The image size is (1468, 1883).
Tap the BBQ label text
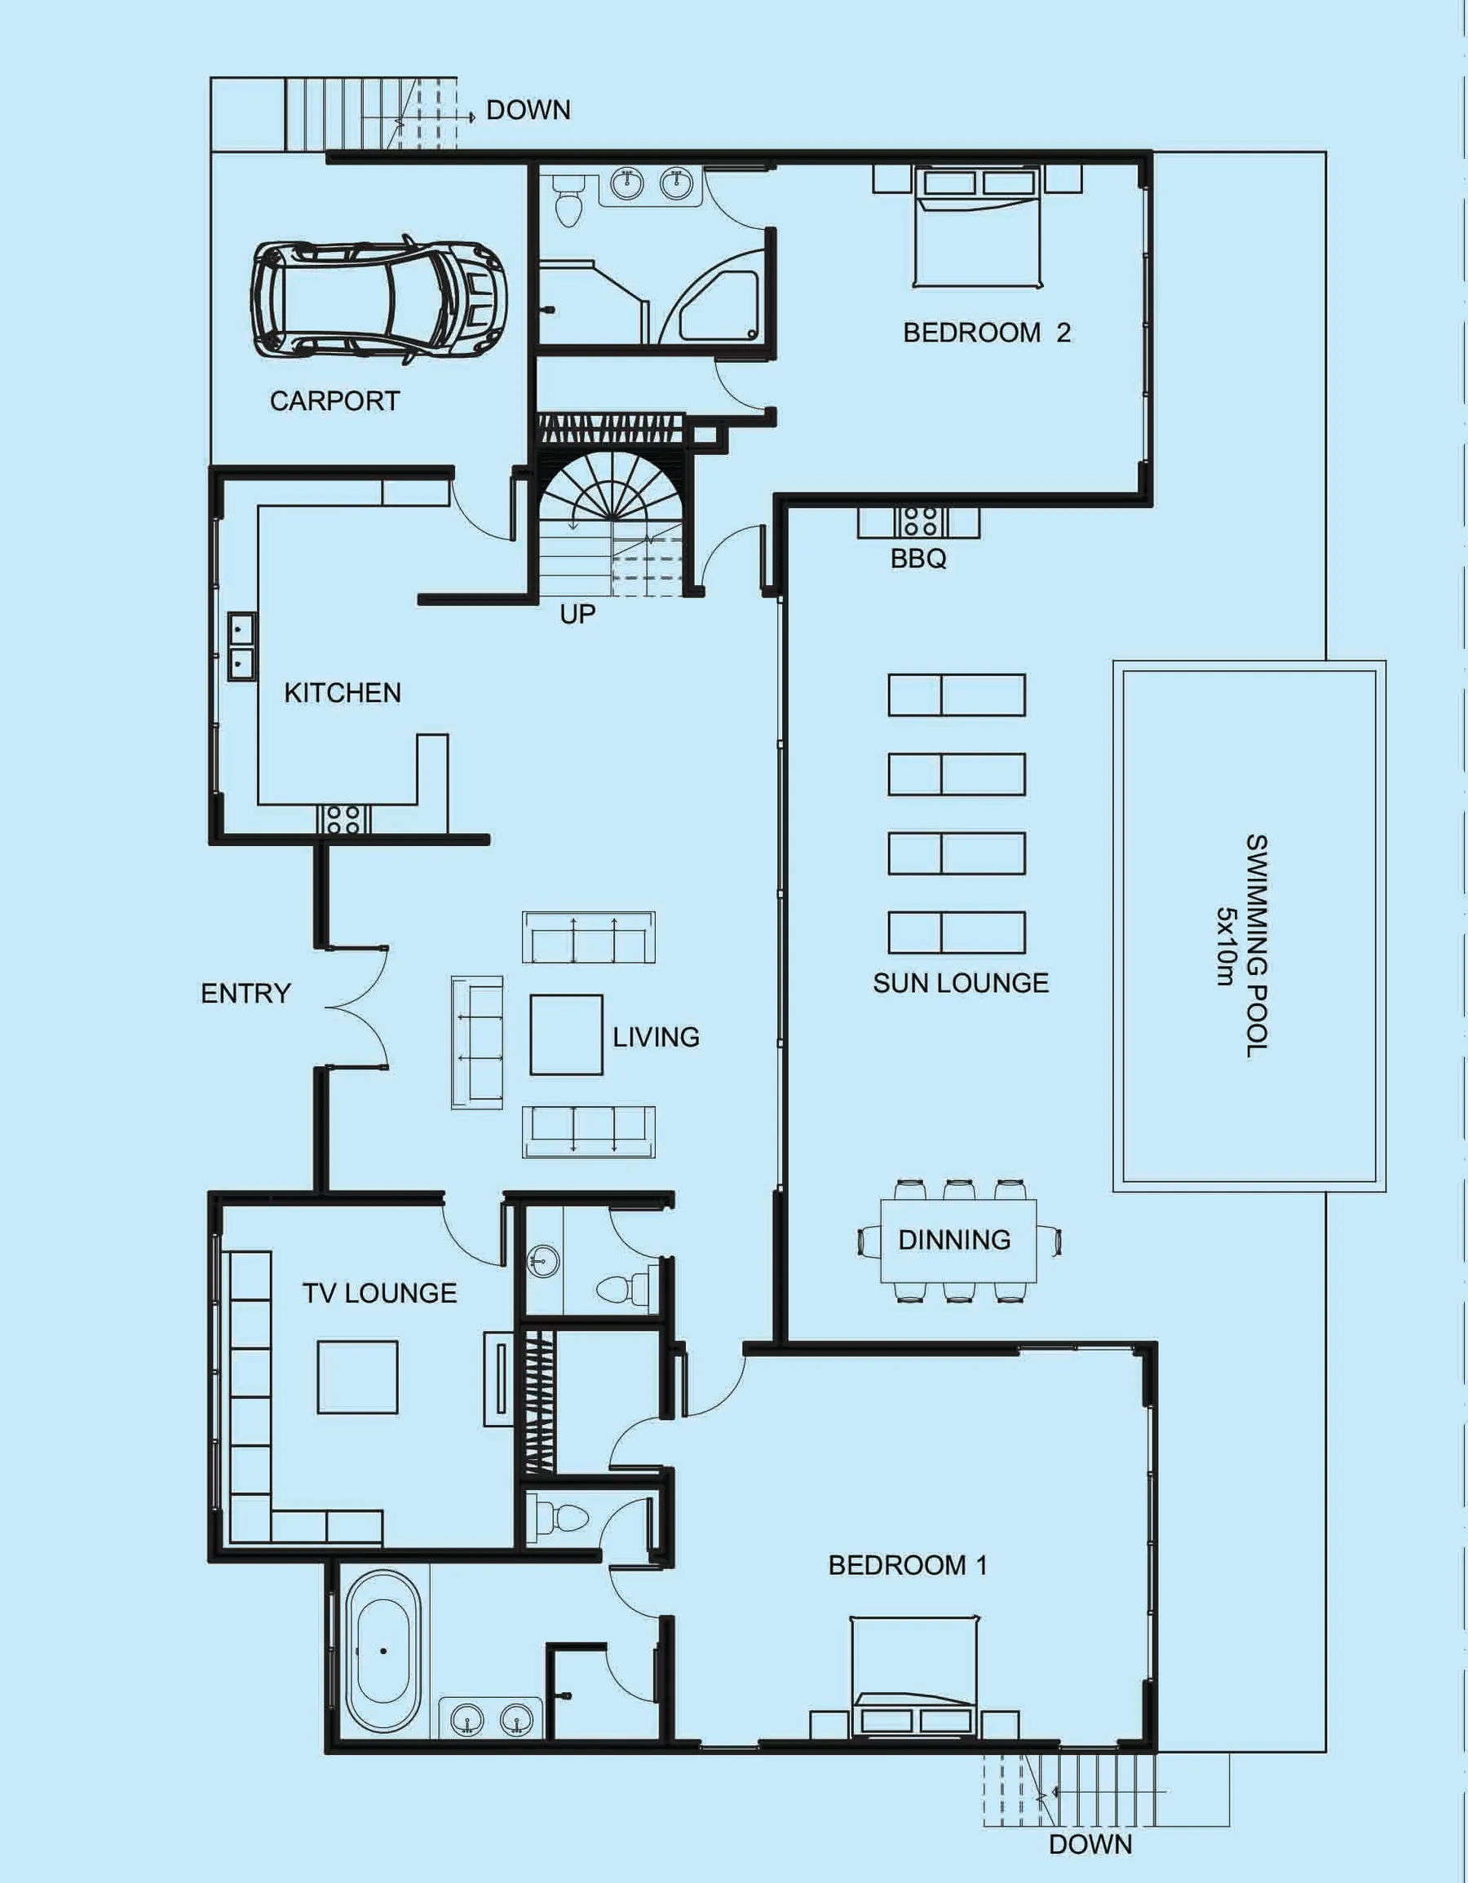coord(917,558)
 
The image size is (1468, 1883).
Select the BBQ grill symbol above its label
coord(918,522)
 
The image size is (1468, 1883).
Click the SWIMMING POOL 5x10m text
coord(1242,945)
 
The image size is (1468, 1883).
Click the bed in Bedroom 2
coord(977,228)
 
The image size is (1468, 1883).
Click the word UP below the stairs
coord(577,615)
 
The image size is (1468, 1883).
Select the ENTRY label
coord(245,993)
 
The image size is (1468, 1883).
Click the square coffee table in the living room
coord(566,1034)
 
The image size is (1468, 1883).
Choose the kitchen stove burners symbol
coord(343,818)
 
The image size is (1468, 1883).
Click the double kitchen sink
coord(241,646)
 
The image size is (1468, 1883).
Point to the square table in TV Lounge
coord(357,1377)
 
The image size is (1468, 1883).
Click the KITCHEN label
coord(343,693)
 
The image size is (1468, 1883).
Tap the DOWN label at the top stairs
coord(528,110)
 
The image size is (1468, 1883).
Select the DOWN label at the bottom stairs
coord(1090,1844)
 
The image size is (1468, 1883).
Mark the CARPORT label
coord(334,401)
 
